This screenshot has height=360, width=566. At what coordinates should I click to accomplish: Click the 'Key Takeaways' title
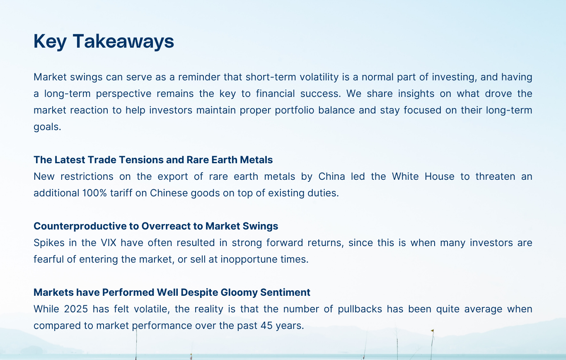tap(104, 41)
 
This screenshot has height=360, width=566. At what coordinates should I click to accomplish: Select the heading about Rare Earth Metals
tap(153, 159)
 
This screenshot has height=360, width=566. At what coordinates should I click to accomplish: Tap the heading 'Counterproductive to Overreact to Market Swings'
tap(156, 226)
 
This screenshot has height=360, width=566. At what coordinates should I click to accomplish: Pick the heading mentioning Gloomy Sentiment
tap(172, 292)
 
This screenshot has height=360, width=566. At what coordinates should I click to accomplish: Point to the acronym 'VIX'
tap(109, 243)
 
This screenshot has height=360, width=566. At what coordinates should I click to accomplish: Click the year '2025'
tap(76, 309)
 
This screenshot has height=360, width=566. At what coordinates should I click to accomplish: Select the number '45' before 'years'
tap(266, 326)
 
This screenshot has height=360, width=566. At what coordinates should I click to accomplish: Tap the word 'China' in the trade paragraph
tap(331, 176)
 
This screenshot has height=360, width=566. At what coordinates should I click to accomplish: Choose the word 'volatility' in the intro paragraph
tap(319, 77)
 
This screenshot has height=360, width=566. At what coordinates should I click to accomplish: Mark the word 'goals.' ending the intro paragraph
tap(48, 127)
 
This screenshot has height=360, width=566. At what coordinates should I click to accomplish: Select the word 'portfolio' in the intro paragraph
tap(295, 110)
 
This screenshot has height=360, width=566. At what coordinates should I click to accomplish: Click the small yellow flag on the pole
tap(432, 331)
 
